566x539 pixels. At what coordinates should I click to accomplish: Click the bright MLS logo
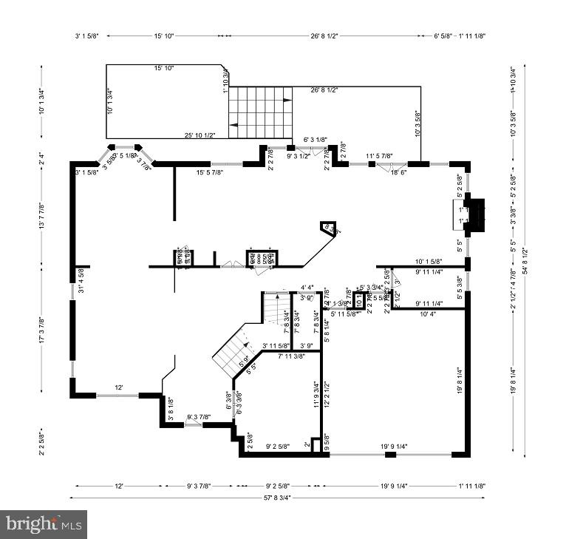[44, 524]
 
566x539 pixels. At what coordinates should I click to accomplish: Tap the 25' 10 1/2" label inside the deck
[200, 135]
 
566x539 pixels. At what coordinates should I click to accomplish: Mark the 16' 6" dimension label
[398, 172]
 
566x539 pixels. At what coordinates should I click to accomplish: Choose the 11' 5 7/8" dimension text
[379, 156]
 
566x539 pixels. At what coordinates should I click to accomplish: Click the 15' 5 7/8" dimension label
[210, 172]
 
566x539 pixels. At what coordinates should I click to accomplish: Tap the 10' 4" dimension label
[429, 314]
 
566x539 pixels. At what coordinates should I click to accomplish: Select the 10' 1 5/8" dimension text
[429, 261]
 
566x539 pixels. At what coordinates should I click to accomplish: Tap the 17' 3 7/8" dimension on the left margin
[41, 330]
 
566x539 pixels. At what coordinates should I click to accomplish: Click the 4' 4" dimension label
[307, 288]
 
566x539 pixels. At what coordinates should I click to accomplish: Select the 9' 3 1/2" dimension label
[298, 157]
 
